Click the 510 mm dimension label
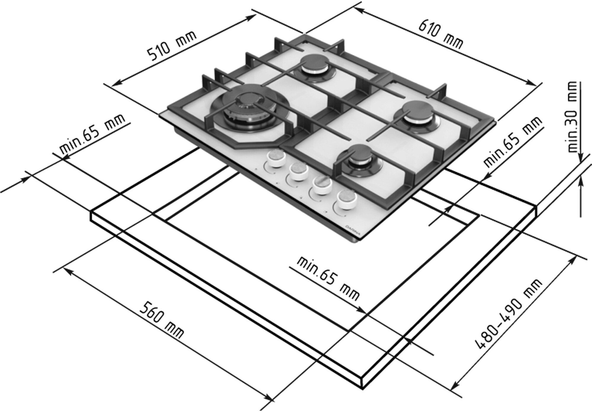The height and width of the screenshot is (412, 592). point(172,46)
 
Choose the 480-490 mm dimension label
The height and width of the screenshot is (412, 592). point(509,314)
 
